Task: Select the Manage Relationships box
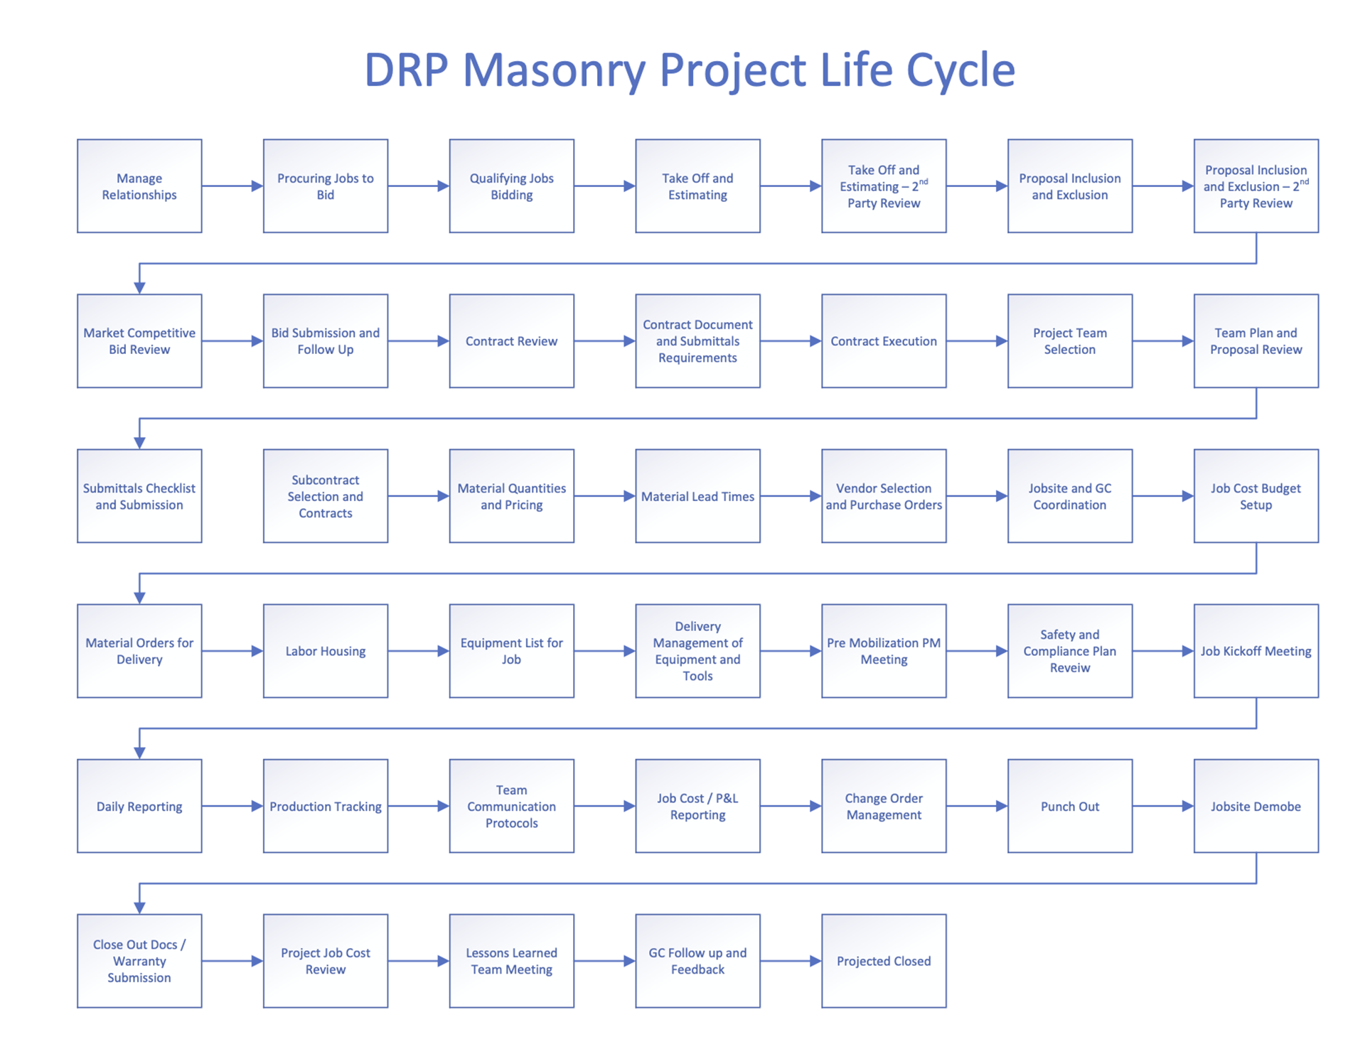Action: (x=139, y=186)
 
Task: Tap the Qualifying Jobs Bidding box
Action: (x=511, y=186)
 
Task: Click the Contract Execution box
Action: (x=884, y=341)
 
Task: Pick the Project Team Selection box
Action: (x=1069, y=341)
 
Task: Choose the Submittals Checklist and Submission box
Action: (x=139, y=496)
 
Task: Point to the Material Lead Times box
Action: (x=697, y=496)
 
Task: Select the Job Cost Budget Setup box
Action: (x=1256, y=496)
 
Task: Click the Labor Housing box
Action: (x=326, y=651)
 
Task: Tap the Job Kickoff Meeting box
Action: (x=1256, y=651)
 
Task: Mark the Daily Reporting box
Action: (x=139, y=806)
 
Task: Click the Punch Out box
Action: (x=1069, y=806)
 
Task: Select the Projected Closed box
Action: (x=884, y=961)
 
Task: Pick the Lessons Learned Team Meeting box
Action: (x=511, y=961)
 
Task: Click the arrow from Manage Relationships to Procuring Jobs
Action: (x=232, y=186)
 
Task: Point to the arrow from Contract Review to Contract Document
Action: (x=604, y=341)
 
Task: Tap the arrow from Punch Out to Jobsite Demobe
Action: (x=1163, y=806)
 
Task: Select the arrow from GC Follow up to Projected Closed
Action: (x=791, y=961)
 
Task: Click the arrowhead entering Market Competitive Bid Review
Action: (x=139, y=287)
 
